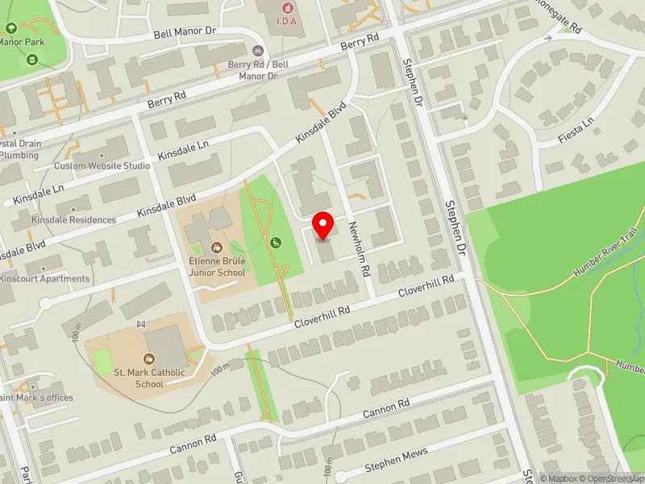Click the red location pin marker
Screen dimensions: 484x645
[x=323, y=225]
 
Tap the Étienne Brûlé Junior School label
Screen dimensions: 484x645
[x=216, y=267]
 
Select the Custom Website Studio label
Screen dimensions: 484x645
[x=102, y=166]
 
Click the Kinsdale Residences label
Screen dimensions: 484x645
[x=73, y=219]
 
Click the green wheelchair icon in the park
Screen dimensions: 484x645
[x=276, y=242]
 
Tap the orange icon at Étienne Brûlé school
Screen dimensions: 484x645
[x=216, y=246]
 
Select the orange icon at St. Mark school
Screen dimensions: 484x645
[x=149, y=358]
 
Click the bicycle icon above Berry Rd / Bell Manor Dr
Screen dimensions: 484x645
[x=257, y=50]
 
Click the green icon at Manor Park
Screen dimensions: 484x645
[x=31, y=59]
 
